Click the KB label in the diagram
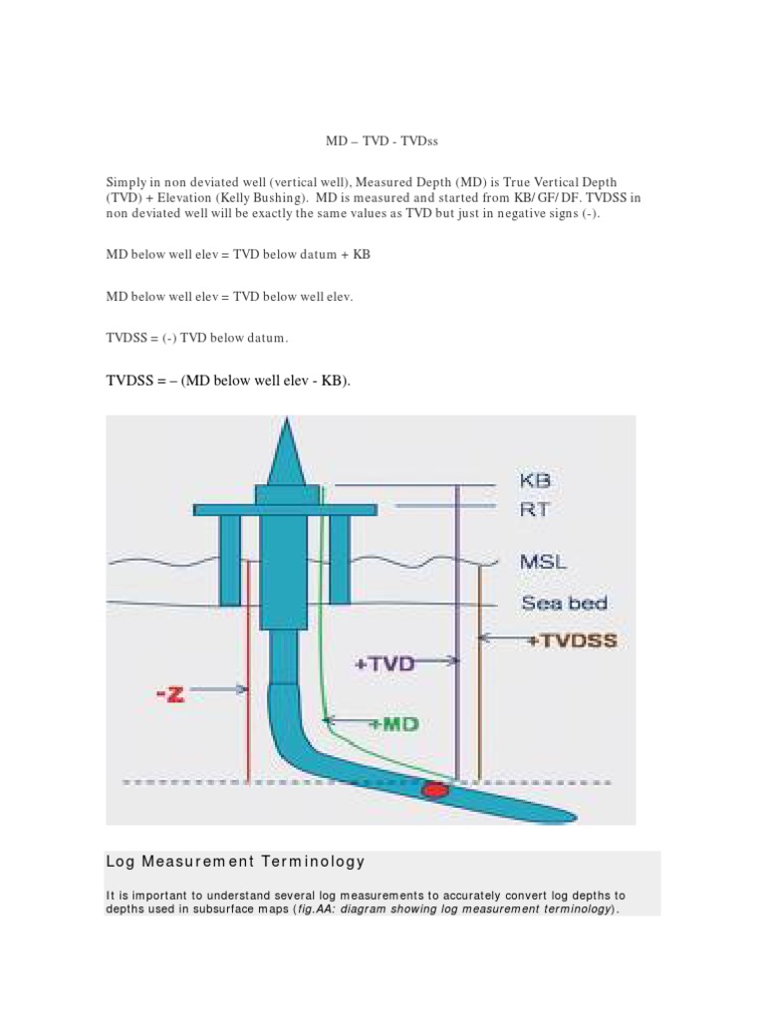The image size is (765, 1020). (535, 481)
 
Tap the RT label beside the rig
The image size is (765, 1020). (534, 509)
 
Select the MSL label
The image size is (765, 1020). (543, 562)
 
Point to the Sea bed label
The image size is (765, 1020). (564, 603)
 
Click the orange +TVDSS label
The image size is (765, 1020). (572, 641)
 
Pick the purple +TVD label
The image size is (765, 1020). (384, 662)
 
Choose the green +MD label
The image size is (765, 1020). (391, 724)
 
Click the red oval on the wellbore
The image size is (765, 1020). (435, 790)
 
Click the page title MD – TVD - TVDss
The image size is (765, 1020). (382, 141)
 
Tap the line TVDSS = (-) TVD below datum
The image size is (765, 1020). (197, 339)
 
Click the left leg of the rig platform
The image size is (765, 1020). (230, 560)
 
